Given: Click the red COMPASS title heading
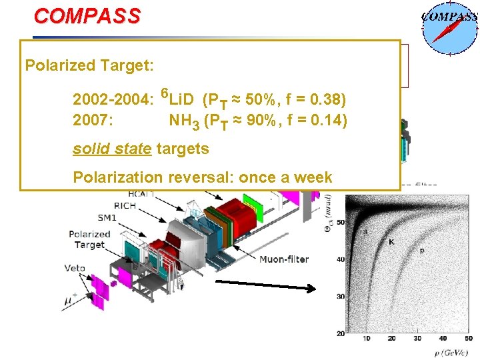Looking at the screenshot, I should click(87, 16).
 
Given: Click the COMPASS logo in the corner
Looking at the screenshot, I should click(449, 27).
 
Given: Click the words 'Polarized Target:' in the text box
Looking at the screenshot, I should click(89, 66).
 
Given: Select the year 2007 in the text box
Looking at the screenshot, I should click(92, 121).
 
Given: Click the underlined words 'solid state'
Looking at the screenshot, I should click(112, 149).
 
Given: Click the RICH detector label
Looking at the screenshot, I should click(125, 206).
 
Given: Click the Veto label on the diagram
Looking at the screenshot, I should click(75, 268).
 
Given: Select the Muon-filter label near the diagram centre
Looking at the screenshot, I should click(283, 259).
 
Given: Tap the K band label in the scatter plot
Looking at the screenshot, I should click(391, 242).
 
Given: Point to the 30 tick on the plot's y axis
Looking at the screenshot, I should click(340, 296).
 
